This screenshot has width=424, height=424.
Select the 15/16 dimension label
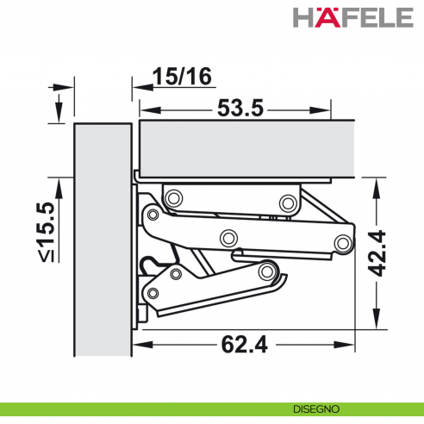(x=181, y=77)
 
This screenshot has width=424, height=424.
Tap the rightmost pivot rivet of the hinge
(x=344, y=242)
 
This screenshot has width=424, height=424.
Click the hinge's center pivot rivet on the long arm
(x=228, y=238)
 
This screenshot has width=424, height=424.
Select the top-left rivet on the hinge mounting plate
(x=172, y=197)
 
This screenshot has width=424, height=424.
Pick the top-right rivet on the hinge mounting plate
(x=288, y=203)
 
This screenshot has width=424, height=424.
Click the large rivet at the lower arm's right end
(x=270, y=272)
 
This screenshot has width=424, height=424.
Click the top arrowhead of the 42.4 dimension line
(x=377, y=183)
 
